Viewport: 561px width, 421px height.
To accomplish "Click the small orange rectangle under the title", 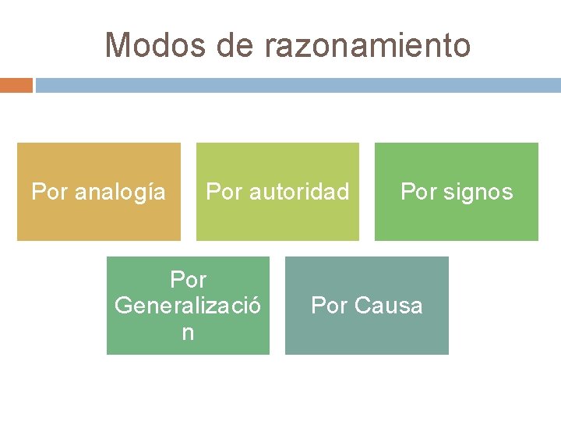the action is pos(16,84).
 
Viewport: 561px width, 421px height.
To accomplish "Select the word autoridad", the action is pos(298,191).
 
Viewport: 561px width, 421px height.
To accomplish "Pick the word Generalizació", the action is pos(188,306).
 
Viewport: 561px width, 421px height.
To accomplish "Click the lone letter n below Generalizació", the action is pos(188,332).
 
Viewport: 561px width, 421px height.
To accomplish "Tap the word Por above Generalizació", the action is pos(188,279).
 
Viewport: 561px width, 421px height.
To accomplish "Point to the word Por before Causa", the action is pos(328,306).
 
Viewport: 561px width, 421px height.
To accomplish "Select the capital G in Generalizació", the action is pos(122,306).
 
